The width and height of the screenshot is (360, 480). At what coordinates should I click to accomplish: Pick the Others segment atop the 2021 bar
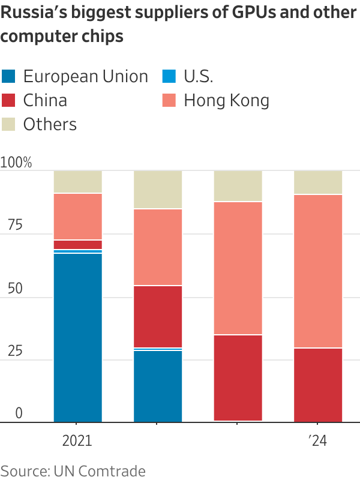(77, 182)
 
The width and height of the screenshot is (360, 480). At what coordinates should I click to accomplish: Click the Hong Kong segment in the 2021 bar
(77, 217)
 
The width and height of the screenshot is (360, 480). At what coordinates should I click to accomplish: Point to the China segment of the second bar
(157, 316)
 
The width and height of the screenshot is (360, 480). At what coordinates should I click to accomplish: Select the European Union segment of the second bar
(157, 386)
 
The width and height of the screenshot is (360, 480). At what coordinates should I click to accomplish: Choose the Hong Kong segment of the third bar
(238, 268)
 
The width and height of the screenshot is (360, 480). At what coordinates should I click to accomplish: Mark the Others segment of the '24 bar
(317, 182)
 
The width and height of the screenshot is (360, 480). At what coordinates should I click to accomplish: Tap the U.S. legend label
(198, 77)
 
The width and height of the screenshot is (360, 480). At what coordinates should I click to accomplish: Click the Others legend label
(50, 125)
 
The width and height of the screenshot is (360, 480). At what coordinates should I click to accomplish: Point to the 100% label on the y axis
(16, 163)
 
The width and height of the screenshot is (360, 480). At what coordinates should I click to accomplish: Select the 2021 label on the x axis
(77, 441)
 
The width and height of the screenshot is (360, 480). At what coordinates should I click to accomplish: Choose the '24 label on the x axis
(317, 441)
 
